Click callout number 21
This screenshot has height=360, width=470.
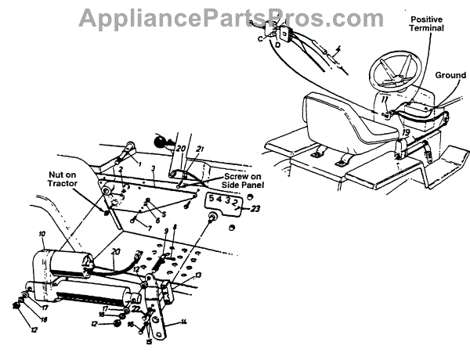point(200,149)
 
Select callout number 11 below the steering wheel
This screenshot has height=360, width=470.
point(384,100)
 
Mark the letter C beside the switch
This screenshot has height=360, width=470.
point(260,37)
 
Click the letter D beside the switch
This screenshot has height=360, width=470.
point(277,46)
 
